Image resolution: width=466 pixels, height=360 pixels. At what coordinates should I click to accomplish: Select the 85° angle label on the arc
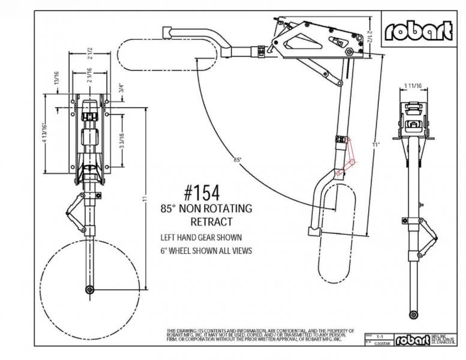[x=237, y=160]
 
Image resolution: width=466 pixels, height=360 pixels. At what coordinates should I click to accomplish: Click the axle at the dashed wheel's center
[x=89, y=290]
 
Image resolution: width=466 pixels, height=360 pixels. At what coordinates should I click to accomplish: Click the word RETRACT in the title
[x=207, y=221]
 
